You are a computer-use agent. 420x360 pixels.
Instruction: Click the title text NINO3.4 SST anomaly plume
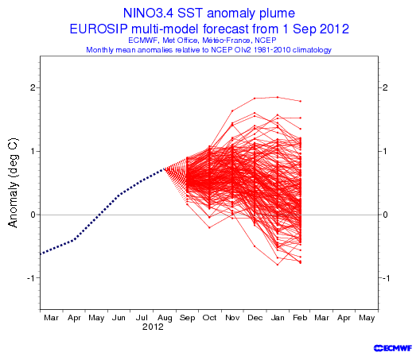pyautogui.click(x=209, y=14)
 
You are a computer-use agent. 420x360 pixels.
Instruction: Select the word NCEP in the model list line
pyautogui.click(x=266, y=41)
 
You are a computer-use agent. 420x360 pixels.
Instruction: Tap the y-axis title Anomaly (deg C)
pyautogui.click(x=13, y=183)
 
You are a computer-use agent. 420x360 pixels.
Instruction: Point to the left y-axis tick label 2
pyautogui.click(x=33, y=87)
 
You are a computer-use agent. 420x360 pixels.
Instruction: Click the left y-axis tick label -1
pyautogui.click(x=31, y=278)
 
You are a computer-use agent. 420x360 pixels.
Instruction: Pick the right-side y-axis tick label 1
pyautogui.click(x=385, y=151)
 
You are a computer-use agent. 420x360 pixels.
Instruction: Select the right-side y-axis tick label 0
pyautogui.click(x=385, y=215)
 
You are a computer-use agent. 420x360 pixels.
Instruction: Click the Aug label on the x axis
pyautogui.click(x=165, y=318)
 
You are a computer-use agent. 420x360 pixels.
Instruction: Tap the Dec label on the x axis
pyautogui.click(x=255, y=318)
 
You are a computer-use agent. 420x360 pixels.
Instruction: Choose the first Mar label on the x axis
pyautogui.click(x=51, y=318)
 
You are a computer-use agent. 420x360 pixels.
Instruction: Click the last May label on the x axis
pyautogui.click(x=367, y=318)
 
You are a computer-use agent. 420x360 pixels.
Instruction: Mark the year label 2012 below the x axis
pyautogui.click(x=153, y=327)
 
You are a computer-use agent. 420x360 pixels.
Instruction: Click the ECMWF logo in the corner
pyautogui.click(x=393, y=348)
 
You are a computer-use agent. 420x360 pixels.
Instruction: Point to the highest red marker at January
pyautogui.click(x=278, y=97)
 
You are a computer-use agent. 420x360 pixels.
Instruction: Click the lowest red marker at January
pyautogui.click(x=278, y=265)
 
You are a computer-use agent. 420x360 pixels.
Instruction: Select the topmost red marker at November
pyautogui.click(x=232, y=110)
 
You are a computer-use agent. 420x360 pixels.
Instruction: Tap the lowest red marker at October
pyautogui.click(x=209, y=227)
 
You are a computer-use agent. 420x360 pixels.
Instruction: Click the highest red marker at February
pyautogui.click(x=301, y=101)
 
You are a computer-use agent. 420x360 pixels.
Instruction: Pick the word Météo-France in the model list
pyautogui.click(x=226, y=41)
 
